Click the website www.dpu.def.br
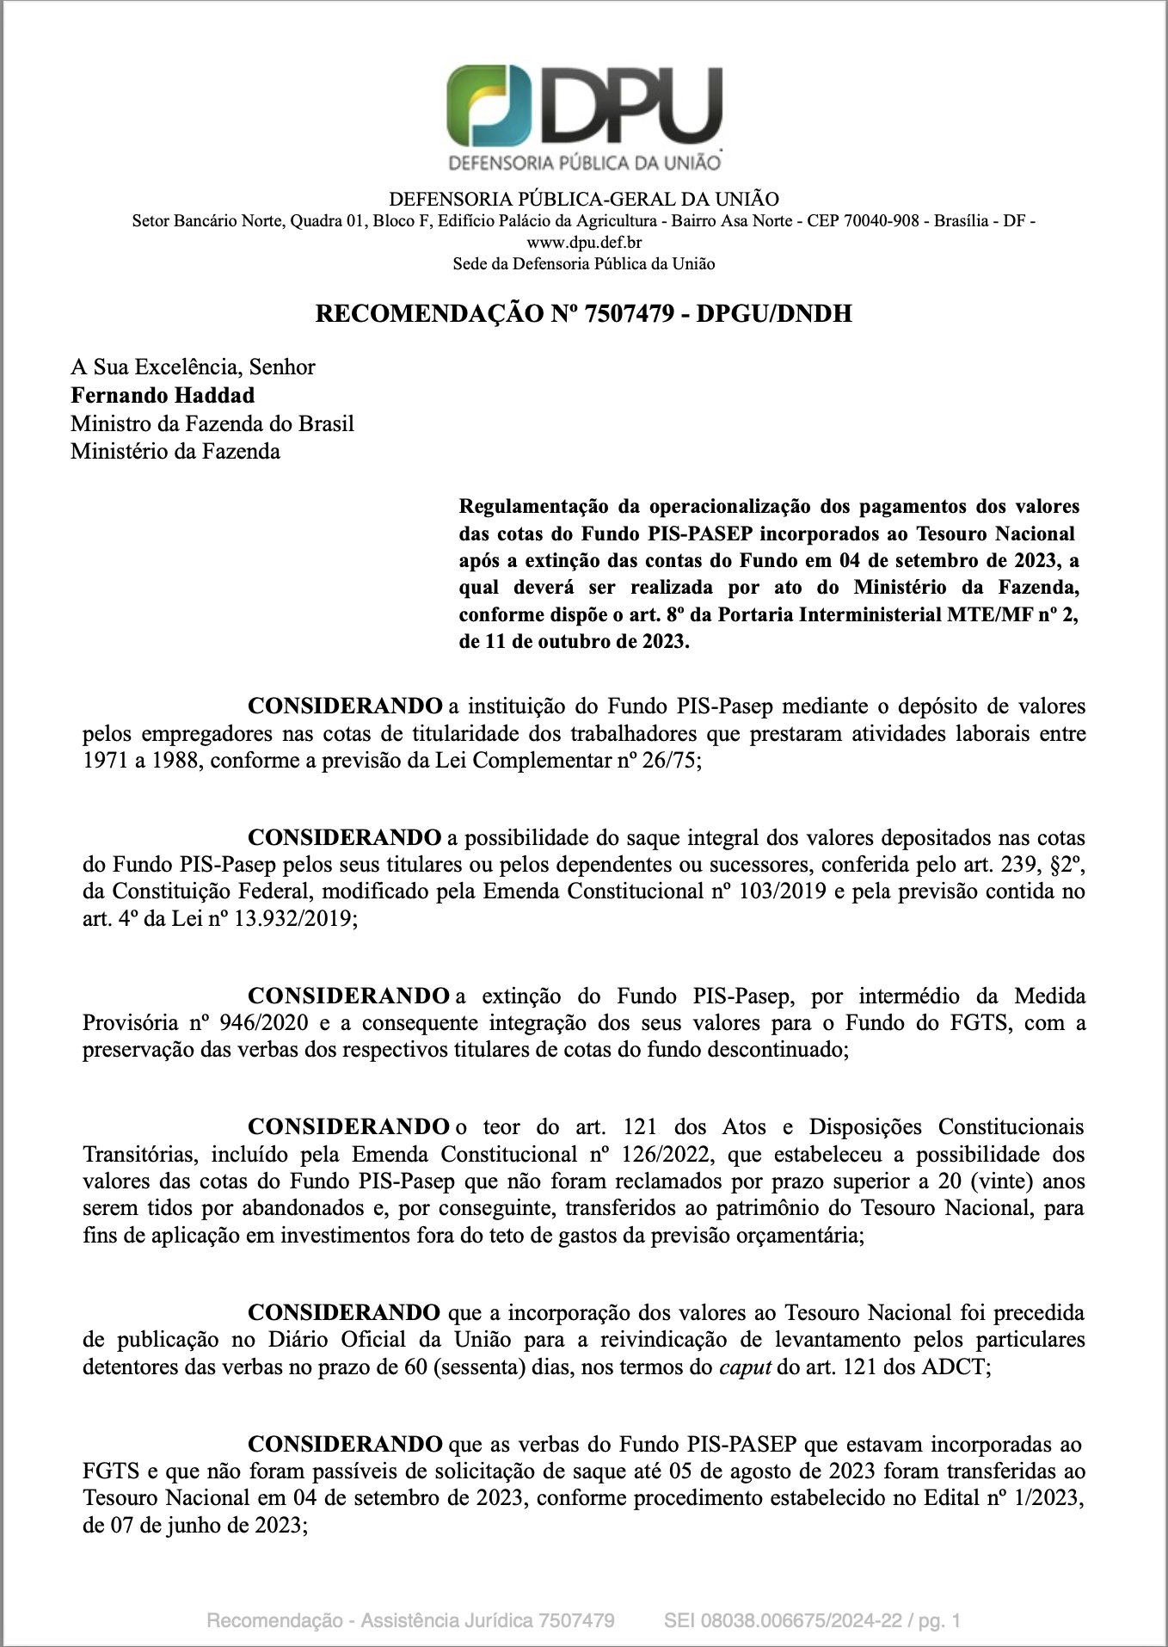coord(584,243)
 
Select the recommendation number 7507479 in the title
coord(629,313)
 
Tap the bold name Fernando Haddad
coord(163,396)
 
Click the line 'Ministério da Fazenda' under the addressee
coord(175,452)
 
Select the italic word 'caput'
coord(745,1367)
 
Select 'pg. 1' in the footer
coord(939,1621)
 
